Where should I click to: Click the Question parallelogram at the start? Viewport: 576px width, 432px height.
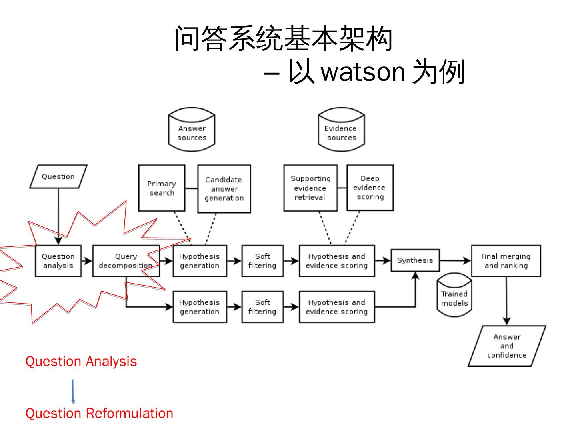(58, 176)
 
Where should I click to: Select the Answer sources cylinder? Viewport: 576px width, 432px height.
(192, 129)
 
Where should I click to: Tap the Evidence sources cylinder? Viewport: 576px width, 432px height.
(341, 129)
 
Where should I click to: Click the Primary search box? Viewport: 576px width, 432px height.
(162, 188)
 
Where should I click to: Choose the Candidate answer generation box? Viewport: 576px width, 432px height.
(224, 188)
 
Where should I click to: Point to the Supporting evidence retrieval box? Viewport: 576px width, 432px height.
(310, 188)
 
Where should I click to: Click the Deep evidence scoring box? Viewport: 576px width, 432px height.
(370, 188)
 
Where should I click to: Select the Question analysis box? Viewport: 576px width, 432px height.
(58, 261)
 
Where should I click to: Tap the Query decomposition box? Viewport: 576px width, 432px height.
(126, 261)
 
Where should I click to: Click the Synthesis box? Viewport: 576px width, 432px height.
(415, 260)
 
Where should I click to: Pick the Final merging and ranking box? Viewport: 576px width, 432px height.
(506, 261)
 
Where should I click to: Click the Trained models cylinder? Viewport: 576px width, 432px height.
(454, 295)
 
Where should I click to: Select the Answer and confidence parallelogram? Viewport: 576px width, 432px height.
(507, 346)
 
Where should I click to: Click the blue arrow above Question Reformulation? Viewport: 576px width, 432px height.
(73, 391)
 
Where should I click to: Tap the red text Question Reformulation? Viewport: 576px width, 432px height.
(99, 413)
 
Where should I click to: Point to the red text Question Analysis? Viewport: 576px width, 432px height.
(81, 362)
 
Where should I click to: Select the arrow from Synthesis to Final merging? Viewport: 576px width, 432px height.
(455, 260)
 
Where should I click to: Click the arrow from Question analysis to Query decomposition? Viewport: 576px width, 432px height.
(87, 261)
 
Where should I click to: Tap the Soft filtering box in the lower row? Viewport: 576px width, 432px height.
(262, 307)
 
